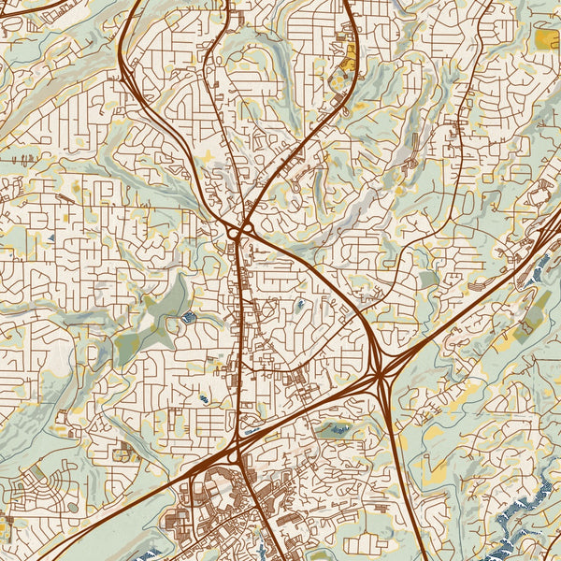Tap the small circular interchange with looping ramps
[x=242, y=228]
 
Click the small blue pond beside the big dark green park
[x=189, y=318]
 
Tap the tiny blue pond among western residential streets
[x=204, y=399]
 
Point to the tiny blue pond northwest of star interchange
[x=299, y=305]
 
